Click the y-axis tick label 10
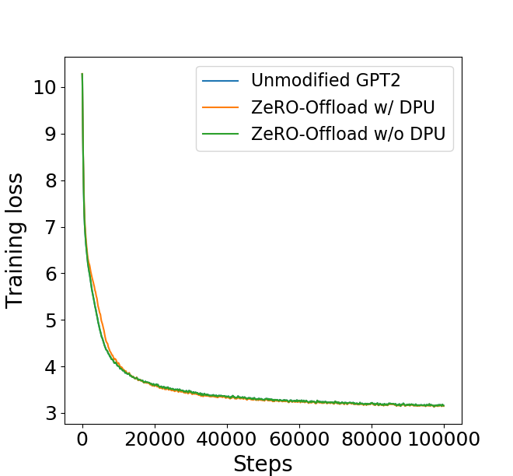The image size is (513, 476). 44,87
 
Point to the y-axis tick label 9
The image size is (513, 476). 50,134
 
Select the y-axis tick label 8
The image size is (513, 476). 50,180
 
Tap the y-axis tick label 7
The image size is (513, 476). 50,227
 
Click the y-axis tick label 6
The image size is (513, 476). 50,274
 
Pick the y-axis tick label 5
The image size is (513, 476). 50,320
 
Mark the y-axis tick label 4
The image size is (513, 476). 50,366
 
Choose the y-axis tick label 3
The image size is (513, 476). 50,413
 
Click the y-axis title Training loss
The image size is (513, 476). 16,240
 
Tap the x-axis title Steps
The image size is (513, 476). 263,464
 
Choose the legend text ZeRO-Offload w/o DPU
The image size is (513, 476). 348,134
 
